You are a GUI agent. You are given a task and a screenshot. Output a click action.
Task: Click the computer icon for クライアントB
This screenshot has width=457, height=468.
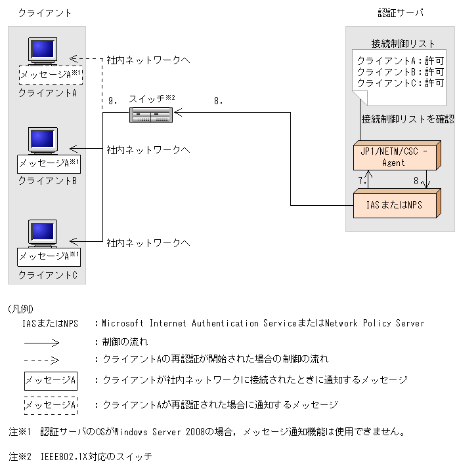[x=43, y=141]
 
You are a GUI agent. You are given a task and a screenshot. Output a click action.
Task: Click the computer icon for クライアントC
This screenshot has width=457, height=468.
[x=43, y=234]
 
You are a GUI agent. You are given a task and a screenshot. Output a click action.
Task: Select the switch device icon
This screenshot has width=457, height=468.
[x=150, y=115]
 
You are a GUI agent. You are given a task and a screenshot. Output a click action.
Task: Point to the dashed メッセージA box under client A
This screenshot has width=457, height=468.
[x=49, y=74]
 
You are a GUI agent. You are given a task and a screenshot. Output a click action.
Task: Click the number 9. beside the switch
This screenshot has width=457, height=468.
[x=112, y=101]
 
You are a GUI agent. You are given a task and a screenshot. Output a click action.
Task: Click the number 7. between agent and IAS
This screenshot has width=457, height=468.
[x=360, y=179]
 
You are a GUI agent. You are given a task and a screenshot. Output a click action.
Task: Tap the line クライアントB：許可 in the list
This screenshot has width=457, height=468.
[x=400, y=71]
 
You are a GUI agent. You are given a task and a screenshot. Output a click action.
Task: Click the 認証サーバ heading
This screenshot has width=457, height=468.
[x=401, y=12]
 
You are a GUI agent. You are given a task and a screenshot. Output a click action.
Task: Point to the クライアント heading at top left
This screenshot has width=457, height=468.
[x=45, y=12]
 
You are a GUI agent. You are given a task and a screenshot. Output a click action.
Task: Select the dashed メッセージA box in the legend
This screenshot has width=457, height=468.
[x=51, y=405]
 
